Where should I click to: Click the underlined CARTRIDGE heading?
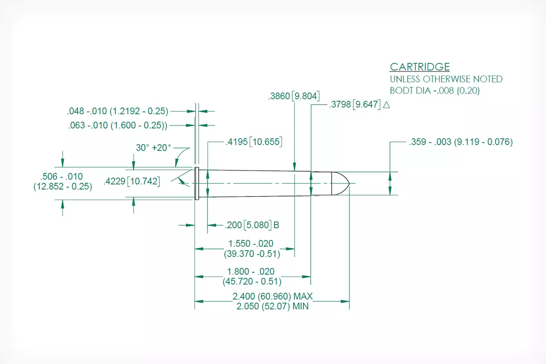[x=420, y=67]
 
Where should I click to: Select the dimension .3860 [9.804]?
[x=294, y=96]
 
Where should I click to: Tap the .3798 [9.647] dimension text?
[x=354, y=104]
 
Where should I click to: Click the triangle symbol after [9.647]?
[x=386, y=105]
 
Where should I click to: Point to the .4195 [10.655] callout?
[x=254, y=142]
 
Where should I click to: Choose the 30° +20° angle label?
[x=153, y=147]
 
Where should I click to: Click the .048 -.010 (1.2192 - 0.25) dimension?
[x=117, y=111]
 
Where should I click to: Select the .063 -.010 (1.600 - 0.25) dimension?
[x=117, y=125]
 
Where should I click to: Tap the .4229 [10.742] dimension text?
[x=131, y=182]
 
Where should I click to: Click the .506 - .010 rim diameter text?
[x=63, y=181]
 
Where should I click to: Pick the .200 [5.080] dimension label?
[x=248, y=225]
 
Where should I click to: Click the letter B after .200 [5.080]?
[x=276, y=225]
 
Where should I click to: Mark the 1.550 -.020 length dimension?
[x=252, y=249]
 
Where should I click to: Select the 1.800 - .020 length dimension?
[x=252, y=277]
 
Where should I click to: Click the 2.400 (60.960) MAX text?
[x=273, y=297]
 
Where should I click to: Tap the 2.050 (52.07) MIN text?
[x=273, y=306]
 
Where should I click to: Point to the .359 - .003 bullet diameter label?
[x=460, y=142]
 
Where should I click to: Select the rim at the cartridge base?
[x=197, y=183]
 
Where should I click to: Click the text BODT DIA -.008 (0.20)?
[x=435, y=91]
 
